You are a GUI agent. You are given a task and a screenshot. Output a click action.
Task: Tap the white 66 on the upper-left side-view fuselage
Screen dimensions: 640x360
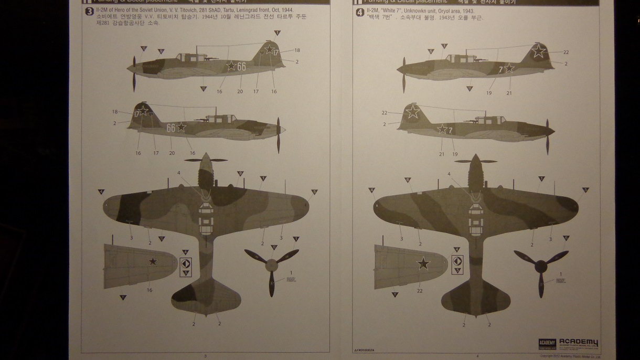click(x=241, y=66)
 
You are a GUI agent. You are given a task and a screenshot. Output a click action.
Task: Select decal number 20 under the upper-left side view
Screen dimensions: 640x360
click(x=240, y=92)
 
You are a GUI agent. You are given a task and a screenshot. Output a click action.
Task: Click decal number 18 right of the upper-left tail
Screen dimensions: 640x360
click(x=297, y=50)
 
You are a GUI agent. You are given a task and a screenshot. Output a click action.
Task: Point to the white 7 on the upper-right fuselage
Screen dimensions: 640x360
click(x=500, y=69)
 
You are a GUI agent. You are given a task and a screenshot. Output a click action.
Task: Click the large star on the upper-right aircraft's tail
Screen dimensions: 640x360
click(x=538, y=51)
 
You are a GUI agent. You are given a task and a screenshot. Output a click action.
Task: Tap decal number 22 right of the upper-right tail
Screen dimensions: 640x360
click(x=566, y=52)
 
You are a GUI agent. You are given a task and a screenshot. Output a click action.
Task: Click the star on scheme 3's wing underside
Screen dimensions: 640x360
click(x=152, y=261)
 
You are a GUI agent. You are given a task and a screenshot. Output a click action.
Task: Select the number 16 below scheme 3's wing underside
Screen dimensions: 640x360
click(x=150, y=290)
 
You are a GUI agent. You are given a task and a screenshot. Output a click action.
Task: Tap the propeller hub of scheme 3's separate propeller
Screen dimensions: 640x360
click(x=271, y=266)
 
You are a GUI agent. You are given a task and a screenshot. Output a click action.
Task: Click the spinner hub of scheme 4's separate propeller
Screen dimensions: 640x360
click(x=541, y=266)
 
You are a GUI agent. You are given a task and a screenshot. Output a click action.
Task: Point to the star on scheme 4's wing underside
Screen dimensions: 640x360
click(x=423, y=264)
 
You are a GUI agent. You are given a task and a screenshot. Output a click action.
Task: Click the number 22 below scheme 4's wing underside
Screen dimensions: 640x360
click(x=419, y=291)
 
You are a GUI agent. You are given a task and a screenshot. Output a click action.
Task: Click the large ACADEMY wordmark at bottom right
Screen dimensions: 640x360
click(x=579, y=343)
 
